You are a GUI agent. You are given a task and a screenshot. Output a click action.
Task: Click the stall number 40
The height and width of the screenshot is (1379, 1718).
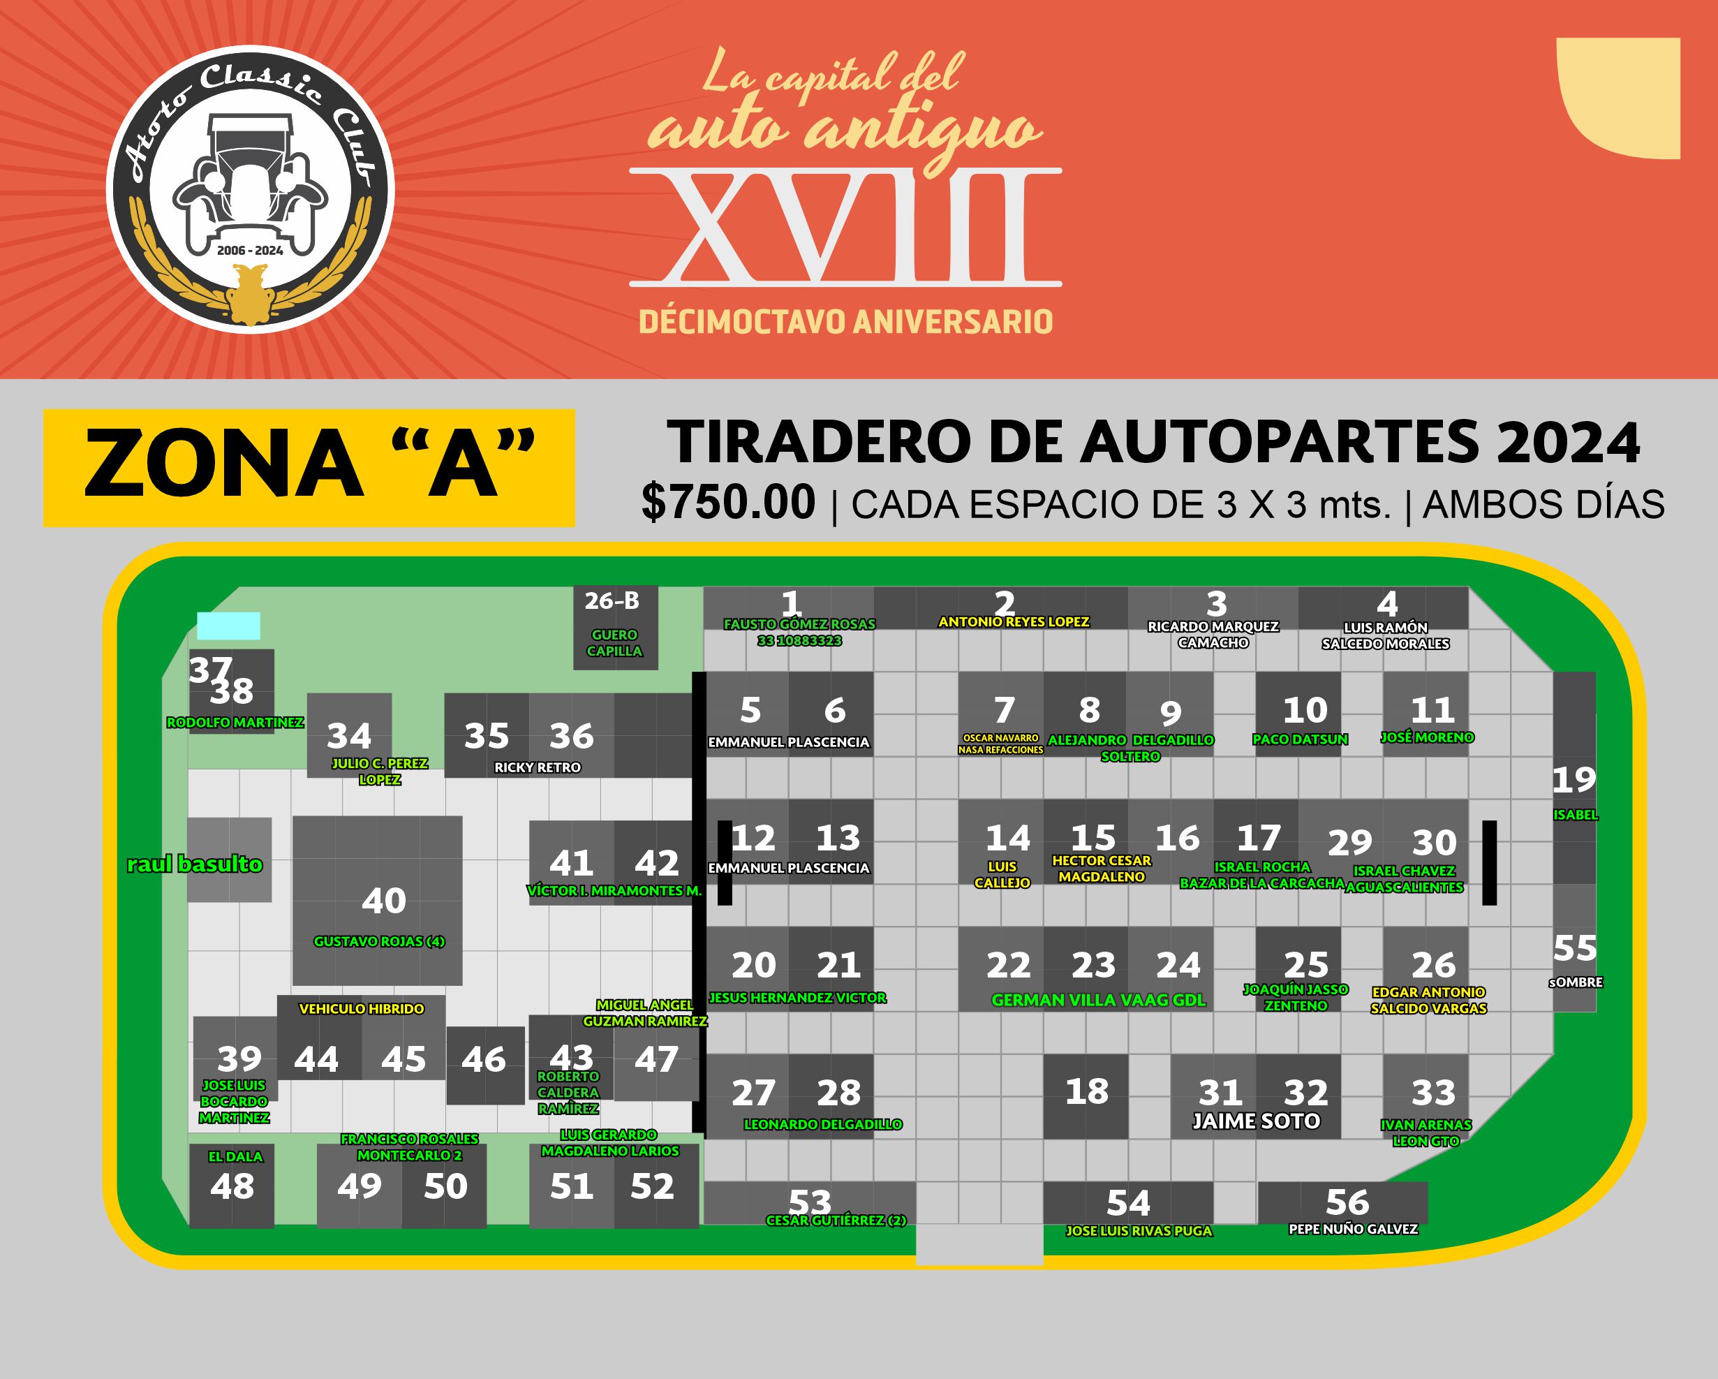(383, 901)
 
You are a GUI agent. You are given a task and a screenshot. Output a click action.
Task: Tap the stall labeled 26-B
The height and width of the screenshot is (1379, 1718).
(612, 601)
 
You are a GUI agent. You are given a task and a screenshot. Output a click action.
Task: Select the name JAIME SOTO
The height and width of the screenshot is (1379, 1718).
(1256, 1121)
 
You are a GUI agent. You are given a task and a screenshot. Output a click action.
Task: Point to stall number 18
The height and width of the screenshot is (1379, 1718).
(1086, 1092)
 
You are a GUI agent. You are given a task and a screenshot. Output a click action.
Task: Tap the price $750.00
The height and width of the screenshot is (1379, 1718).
(728, 503)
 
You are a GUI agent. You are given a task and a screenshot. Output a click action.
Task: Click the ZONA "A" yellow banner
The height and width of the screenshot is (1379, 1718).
(309, 468)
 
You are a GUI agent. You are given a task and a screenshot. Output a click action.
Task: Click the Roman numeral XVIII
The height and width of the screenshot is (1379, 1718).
(845, 227)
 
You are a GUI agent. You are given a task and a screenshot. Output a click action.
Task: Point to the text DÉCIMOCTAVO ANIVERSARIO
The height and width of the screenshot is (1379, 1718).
(845, 322)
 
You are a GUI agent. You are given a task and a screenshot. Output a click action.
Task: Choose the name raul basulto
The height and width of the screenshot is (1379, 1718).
(195, 865)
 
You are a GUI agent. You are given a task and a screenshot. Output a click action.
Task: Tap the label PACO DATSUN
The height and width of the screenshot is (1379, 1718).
(1300, 739)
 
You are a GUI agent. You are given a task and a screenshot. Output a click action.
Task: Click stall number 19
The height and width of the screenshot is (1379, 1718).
(1573, 780)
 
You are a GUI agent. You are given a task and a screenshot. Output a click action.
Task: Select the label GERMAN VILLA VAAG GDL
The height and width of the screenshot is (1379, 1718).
(1098, 1001)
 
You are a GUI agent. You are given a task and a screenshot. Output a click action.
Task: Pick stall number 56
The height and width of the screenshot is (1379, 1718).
(1347, 1203)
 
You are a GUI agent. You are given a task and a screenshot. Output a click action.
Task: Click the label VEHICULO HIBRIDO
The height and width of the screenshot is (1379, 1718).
(361, 1009)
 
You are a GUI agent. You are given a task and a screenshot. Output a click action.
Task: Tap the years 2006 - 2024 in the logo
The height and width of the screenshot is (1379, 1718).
(250, 250)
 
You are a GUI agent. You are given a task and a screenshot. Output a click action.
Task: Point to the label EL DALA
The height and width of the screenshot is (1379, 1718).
(235, 1156)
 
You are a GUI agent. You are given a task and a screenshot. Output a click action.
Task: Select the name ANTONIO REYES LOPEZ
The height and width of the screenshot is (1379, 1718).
(1014, 621)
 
